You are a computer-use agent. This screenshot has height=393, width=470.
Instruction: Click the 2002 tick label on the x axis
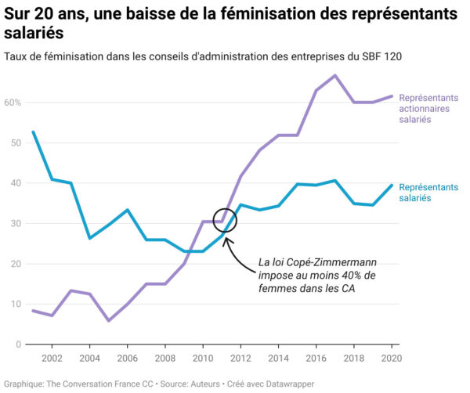coord(52,358)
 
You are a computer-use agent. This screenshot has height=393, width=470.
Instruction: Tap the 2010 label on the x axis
coord(203,358)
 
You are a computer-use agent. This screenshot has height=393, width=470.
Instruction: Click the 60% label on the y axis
coord(12,103)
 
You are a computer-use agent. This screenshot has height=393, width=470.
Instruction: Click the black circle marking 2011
coord(224,220)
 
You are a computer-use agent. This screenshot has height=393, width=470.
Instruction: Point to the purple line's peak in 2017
coord(335,76)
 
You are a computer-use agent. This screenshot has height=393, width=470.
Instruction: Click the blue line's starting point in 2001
coord(33,132)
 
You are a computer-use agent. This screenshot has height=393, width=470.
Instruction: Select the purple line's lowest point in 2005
coord(109,320)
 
